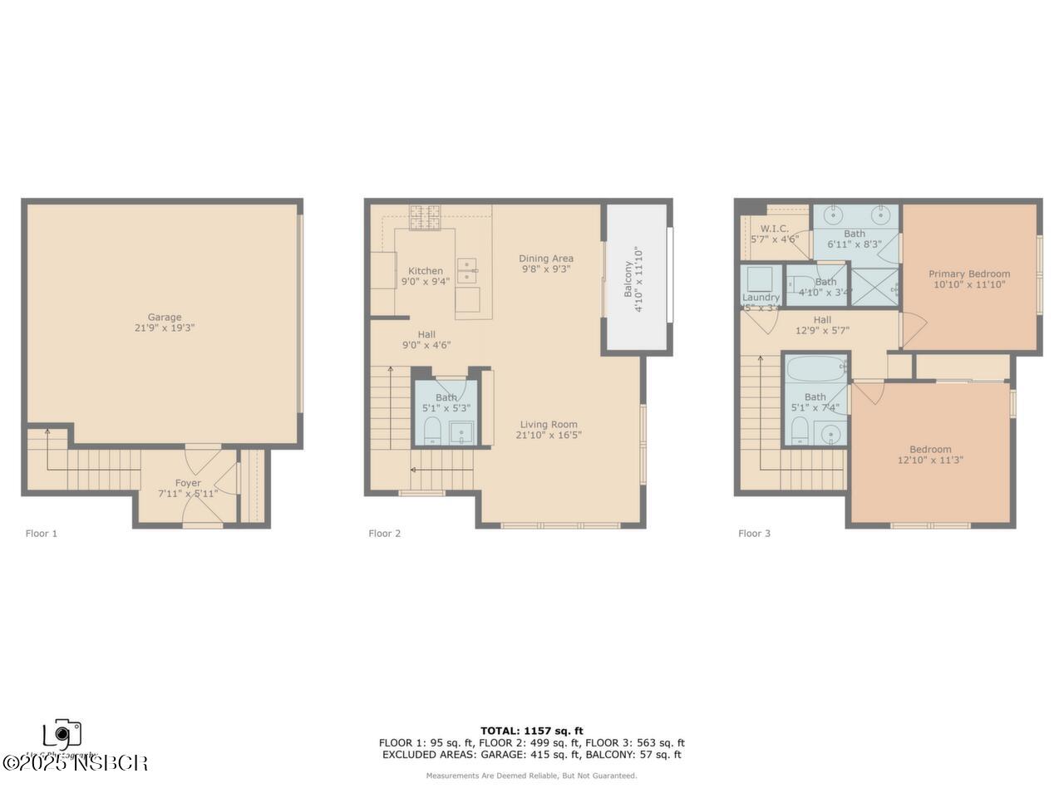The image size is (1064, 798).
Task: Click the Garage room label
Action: (x=165, y=317)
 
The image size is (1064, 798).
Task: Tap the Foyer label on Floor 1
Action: (x=188, y=483)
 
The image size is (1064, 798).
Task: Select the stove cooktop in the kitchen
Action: (x=425, y=217)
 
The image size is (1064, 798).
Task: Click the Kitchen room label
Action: (x=426, y=271)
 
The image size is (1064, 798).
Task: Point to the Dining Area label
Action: (x=546, y=258)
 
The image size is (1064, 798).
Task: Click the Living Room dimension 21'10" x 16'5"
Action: (x=547, y=435)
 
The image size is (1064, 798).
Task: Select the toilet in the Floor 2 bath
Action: (x=432, y=431)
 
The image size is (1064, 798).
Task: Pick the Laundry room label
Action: (x=761, y=298)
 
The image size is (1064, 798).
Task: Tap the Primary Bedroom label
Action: (x=969, y=273)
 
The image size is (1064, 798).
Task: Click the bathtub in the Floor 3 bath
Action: (x=815, y=367)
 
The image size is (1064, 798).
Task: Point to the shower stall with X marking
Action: (x=874, y=286)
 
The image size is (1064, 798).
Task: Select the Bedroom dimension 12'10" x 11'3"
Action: (x=930, y=460)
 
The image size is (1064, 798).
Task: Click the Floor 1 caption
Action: (x=42, y=534)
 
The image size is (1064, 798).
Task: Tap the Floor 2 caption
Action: (x=385, y=534)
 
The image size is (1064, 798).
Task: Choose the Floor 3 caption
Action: (x=754, y=534)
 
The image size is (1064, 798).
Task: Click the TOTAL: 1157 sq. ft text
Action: (x=532, y=731)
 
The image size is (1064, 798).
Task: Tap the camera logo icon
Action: (x=62, y=734)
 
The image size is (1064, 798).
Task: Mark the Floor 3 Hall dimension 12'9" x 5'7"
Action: (x=822, y=330)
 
